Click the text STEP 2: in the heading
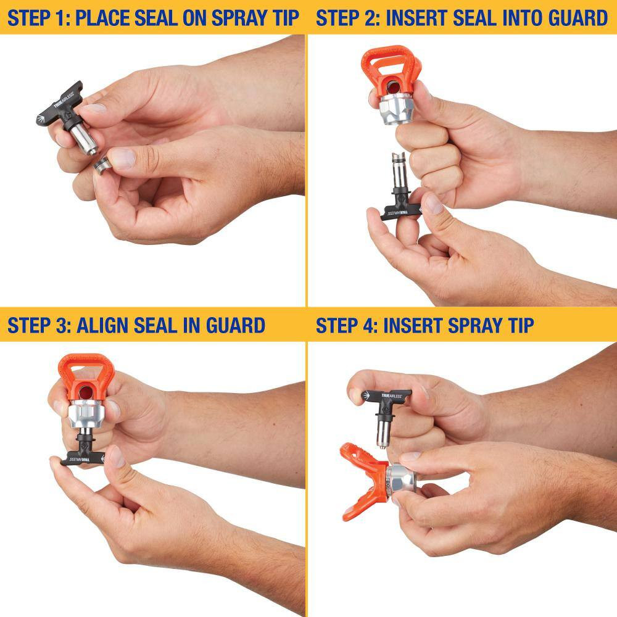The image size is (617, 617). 347,18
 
